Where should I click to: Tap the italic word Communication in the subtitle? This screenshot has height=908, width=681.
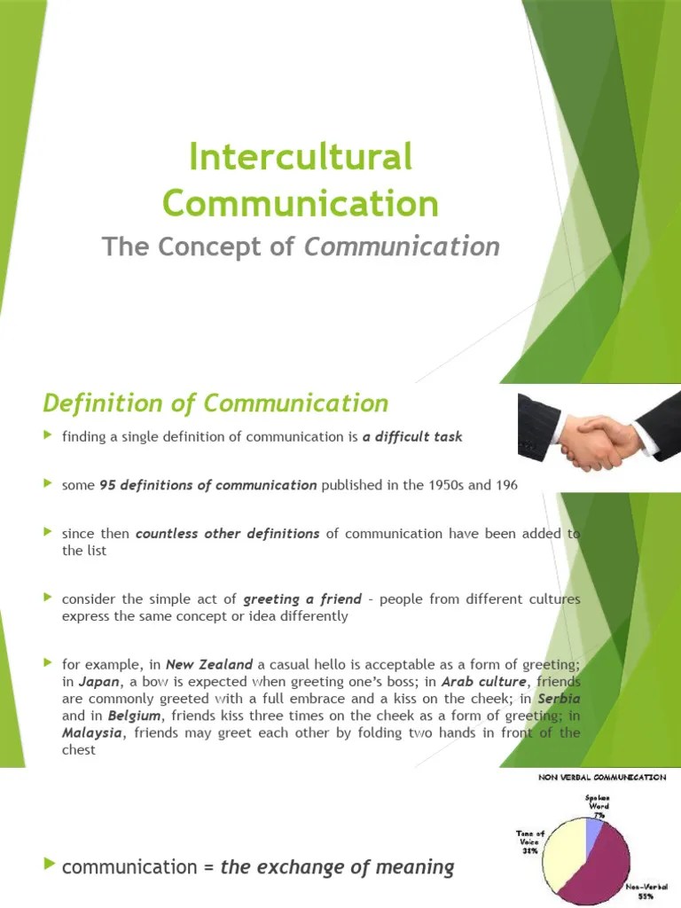[402, 247]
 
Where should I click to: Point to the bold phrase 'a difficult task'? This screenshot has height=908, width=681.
[412, 437]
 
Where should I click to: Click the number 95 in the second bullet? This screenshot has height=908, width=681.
[107, 485]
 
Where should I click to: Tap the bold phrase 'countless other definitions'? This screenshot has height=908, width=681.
[227, 534]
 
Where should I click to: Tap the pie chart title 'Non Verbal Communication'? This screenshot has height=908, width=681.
[602, 778]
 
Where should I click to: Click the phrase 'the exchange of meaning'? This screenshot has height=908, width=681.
[337, 867]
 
